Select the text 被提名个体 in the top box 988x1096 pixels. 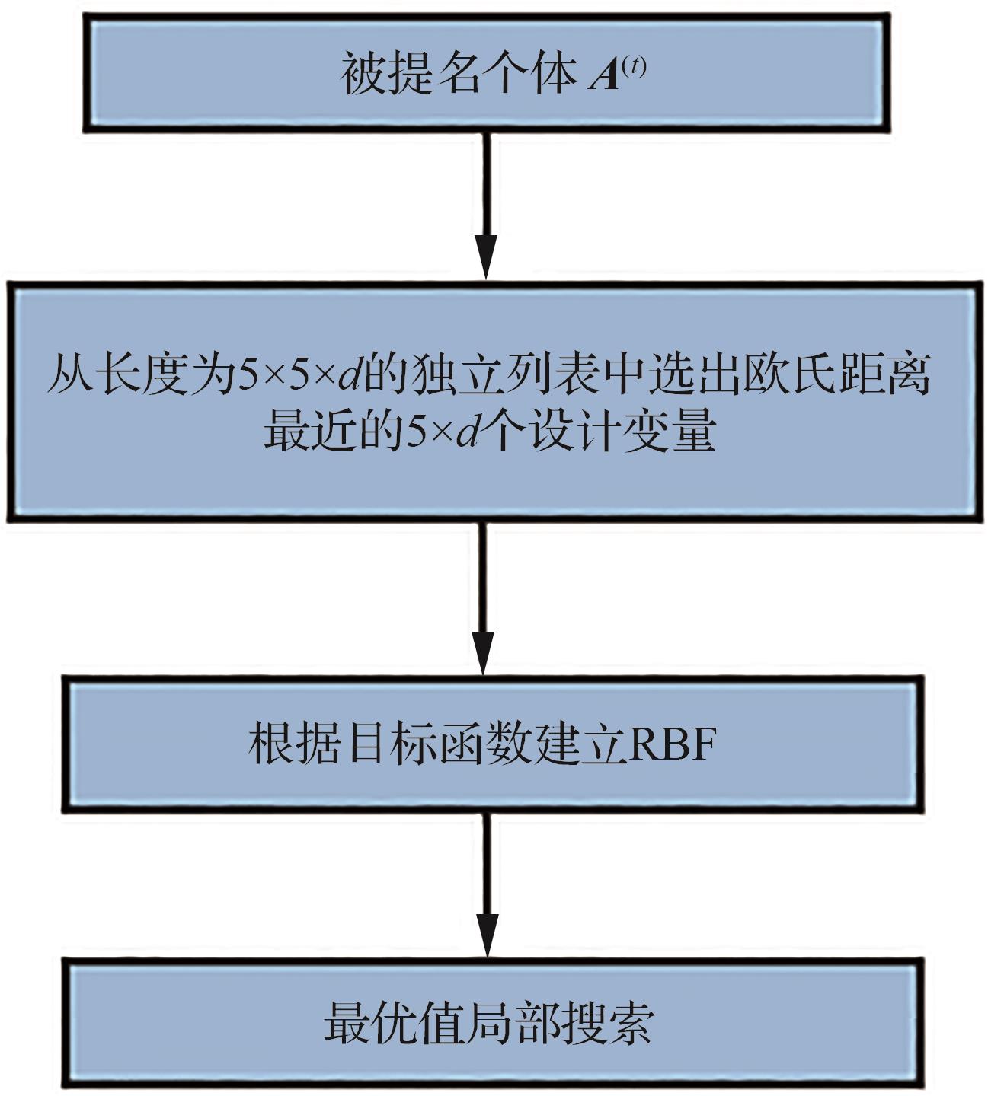458,75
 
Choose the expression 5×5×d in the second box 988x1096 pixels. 299,376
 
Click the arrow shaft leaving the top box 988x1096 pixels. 486,183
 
